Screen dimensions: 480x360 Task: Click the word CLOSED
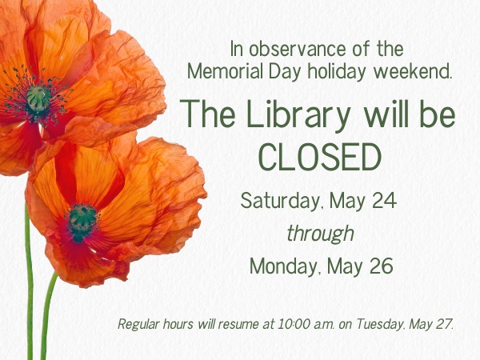point(320,158)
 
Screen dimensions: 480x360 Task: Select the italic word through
point(320,234)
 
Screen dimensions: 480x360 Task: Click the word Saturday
point(282,201)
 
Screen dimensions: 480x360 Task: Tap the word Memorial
point(226,71)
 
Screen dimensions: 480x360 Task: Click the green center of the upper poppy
point(38,98)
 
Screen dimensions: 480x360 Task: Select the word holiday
point(337,71)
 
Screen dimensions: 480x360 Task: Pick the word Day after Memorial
point(285,71)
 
